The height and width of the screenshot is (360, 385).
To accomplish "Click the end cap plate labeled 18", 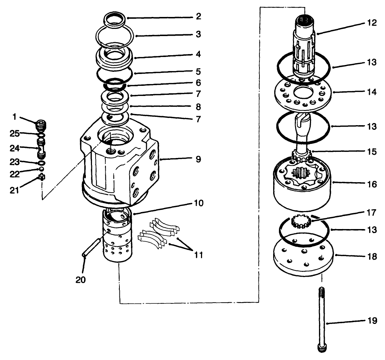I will [303, 256].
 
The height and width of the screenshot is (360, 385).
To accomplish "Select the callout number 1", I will [14, 117].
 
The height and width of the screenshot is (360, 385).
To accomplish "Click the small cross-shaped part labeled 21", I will [41, 177].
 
